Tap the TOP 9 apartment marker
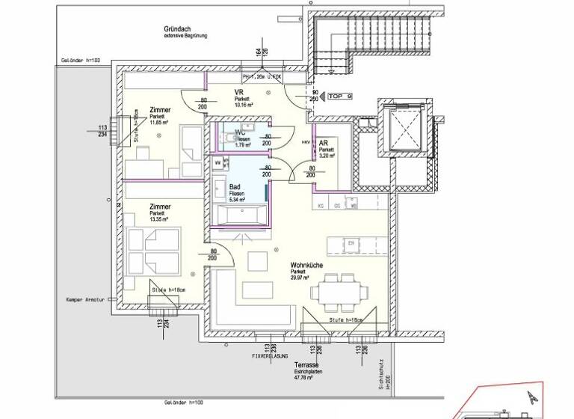coord(340,97)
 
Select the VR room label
coord(239,93)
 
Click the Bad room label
coord(235,187)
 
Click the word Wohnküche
coord(307,265)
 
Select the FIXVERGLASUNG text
coord(272,356)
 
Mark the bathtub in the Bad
coord(237,215)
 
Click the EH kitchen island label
coord(350,242)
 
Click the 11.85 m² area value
coord(158,122)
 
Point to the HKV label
coord(305,141)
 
